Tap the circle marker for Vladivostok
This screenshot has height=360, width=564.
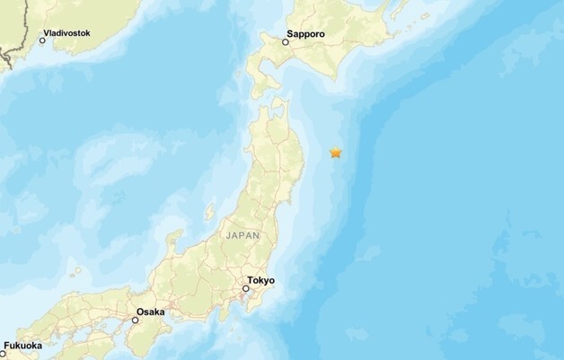[42, 41]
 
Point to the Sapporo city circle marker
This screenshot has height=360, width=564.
[286, 42]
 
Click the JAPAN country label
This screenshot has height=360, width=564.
[244, 234]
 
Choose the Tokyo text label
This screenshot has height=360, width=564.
[261, 280]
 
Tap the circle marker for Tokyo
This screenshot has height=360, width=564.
[245, 290]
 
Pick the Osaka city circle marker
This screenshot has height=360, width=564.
[136, 320]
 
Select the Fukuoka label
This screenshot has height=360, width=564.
[22, 345]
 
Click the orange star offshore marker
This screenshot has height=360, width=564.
[336, 153]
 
